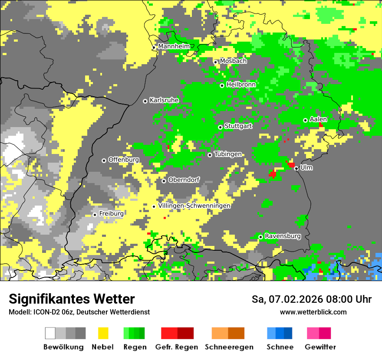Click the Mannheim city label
(174, 46)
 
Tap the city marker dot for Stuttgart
(221, 127)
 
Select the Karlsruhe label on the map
(164, 100)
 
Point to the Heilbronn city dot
(222, 85)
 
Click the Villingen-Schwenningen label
(194, 206)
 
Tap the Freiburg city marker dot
(95, 215)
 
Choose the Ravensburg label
(283, 236)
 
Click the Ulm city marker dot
(296, 169)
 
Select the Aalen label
(318, 119)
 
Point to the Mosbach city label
(233, 61)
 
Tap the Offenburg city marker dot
(104, 160)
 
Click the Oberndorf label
(184, 180)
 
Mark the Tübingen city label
(228, 154)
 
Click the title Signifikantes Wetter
(72, 299)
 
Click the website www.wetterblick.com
(313, 312)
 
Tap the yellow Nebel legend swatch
(103, 333)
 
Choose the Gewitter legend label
(320, 347)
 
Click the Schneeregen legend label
(229, 347)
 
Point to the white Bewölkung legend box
(50, 333)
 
